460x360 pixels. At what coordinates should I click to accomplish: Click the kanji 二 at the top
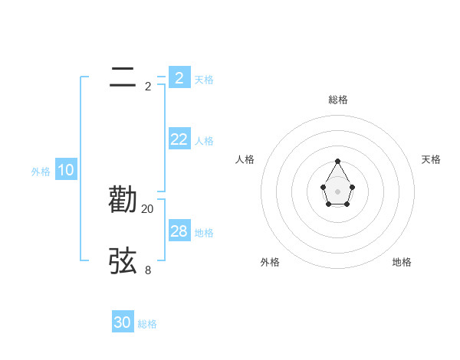point(123,77)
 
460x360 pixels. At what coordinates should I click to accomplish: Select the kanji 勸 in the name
point(123,200)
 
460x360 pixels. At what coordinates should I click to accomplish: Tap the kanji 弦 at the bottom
point(123,261)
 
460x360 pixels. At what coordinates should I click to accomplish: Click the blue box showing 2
point(179,77)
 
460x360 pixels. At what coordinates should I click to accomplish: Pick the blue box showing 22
point(179,139)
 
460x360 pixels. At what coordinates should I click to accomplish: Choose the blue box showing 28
point(179,231)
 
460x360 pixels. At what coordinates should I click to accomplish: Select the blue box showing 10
point(66,171)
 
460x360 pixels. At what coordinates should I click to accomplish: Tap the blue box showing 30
point(123,322)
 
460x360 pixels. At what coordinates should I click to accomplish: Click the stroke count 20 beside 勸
point(148,208)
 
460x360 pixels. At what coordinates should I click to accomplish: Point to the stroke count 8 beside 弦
point(148,270)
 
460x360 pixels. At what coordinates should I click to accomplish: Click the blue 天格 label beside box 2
point(204,80)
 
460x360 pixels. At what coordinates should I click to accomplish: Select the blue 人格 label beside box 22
point(204,141)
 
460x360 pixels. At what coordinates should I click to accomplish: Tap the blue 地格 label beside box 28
point(204,233)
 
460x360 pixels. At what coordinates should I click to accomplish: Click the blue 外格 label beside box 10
point(41,172)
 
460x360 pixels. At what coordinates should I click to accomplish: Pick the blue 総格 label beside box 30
point(147,325)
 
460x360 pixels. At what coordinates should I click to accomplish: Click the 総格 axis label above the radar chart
point(338,100)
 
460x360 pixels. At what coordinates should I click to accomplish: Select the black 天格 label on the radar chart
point(432,159)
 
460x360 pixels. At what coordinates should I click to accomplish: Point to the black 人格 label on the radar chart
point(245,159)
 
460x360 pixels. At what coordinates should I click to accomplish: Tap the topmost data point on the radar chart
point(338,161)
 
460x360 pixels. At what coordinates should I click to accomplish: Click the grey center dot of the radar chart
point(338,191)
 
